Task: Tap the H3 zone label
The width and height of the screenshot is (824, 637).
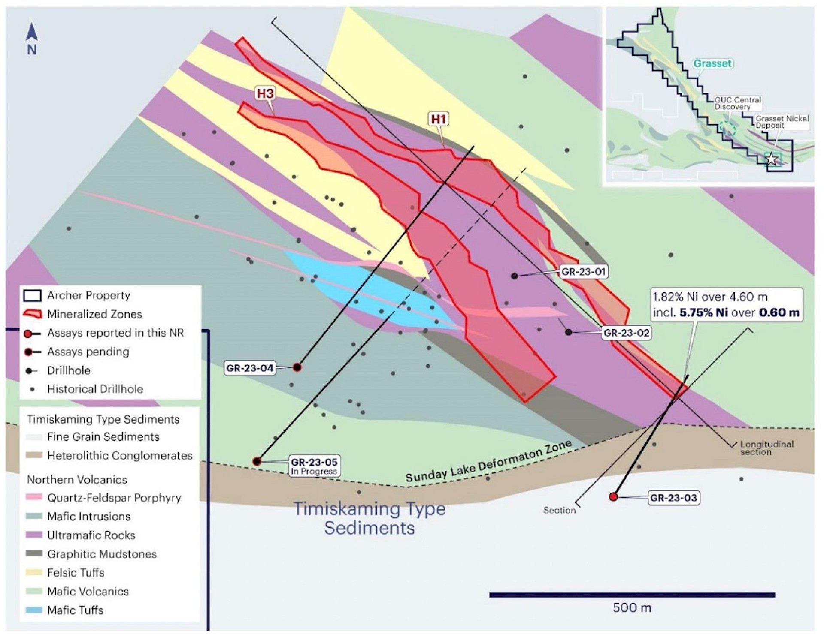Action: coord(265,93)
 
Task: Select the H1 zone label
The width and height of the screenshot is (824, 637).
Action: coord(439,119)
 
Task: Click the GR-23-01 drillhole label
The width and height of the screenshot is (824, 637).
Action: coord(583,272)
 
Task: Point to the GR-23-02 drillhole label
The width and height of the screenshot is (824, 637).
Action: coord(626,333)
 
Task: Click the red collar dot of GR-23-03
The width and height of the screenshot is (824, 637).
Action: coord(613,497)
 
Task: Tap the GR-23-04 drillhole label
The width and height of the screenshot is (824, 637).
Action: coord(250,368)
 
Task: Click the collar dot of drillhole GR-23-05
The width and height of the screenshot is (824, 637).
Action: coord(257,461)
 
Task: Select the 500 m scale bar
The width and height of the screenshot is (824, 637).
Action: coord(632,595)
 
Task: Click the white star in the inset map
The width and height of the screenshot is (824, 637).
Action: coord(771,159)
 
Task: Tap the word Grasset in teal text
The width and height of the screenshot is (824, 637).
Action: coord(712,63)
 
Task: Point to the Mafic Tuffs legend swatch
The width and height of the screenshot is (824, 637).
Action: coord(34,610)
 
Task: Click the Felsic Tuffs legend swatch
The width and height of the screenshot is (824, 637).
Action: coord(34,572)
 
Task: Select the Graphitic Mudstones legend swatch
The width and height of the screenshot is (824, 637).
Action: coord(34,553)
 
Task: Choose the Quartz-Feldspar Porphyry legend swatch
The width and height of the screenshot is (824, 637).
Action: coord(34,497)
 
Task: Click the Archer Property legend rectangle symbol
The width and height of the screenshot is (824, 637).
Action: coord(32,295)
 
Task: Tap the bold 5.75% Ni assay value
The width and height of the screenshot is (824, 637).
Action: coord(703,312)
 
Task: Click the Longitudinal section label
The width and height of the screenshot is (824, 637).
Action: coord(766,448)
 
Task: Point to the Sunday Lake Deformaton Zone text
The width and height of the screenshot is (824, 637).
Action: coord(488,462)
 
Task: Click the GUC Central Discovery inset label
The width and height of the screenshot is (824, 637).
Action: coord(738,103)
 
